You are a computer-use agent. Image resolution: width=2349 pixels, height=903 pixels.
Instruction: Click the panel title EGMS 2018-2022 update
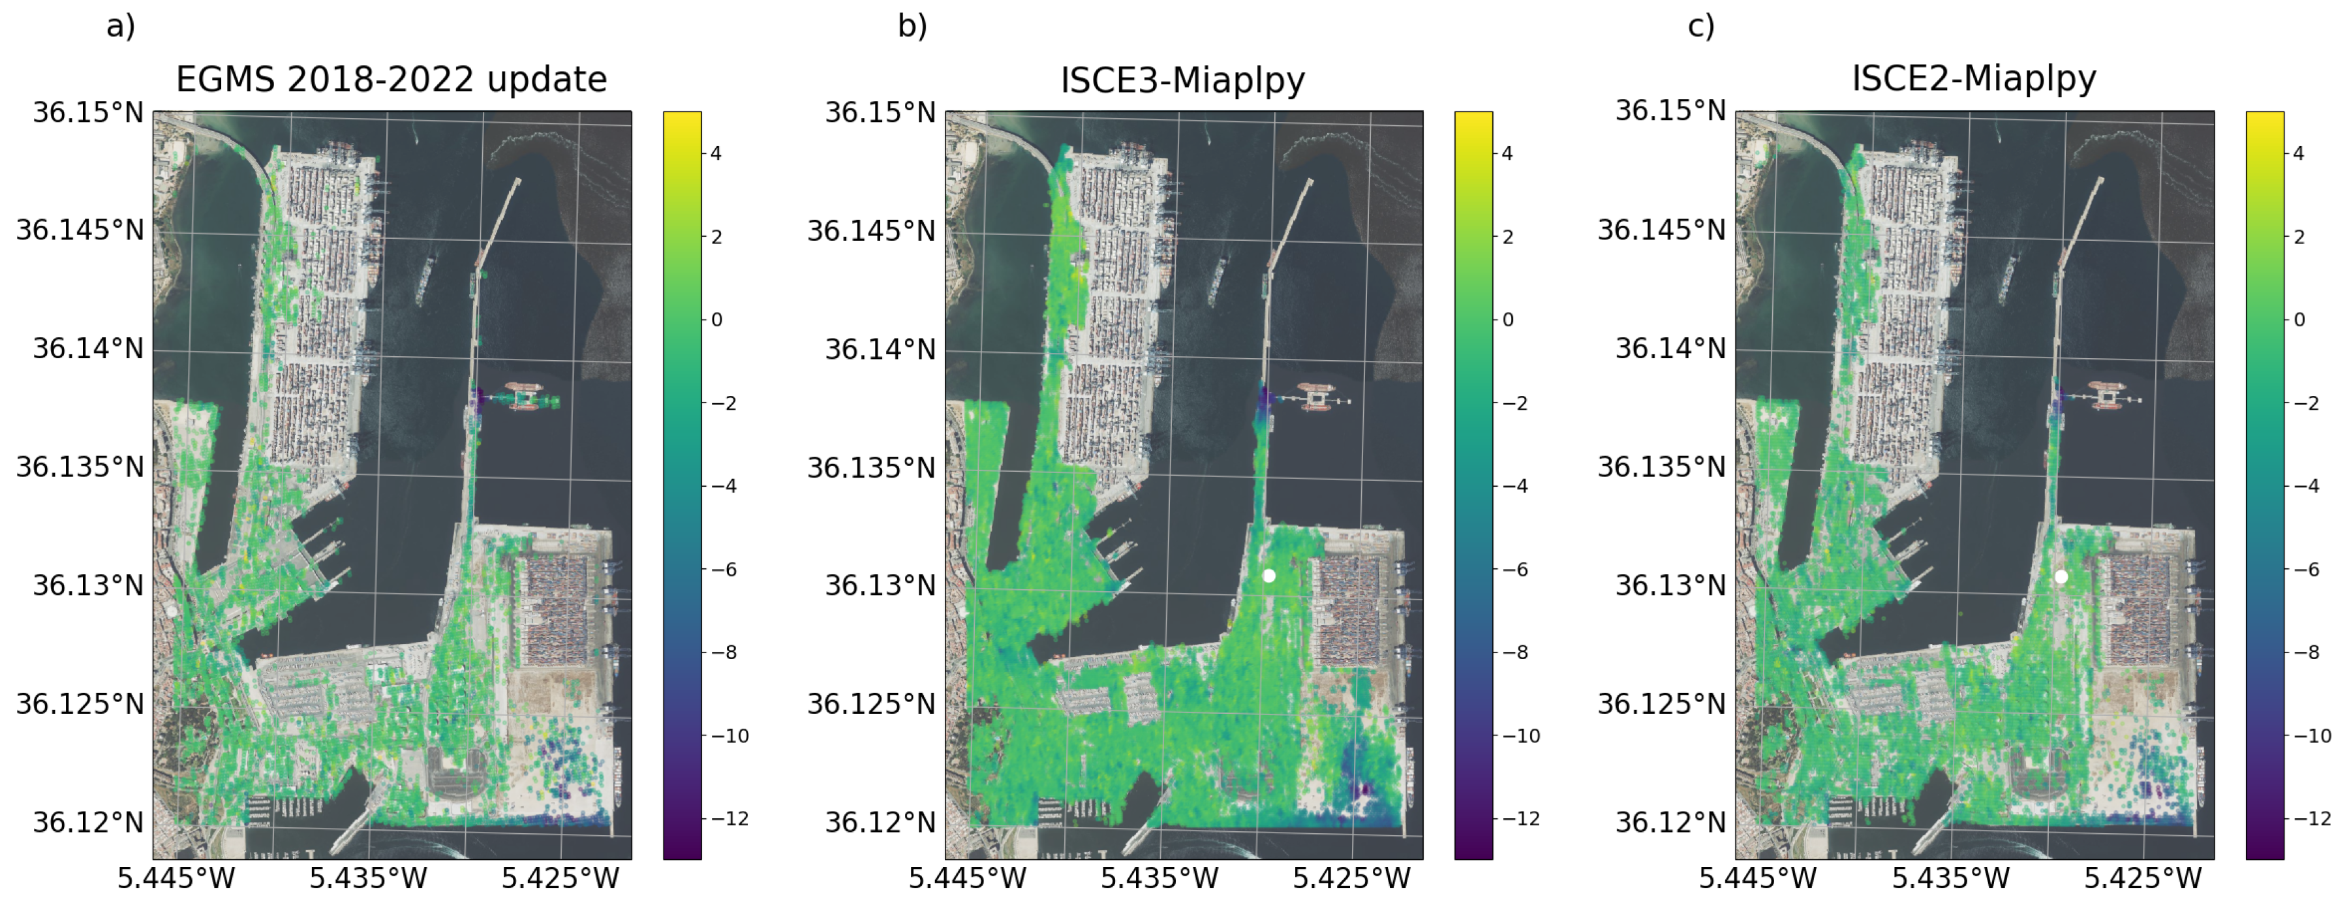tap(391, 80)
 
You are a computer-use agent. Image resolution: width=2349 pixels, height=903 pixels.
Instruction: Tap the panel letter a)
tap(120, 25)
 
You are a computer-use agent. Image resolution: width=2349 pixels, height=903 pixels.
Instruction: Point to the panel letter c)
tap(1700, 25)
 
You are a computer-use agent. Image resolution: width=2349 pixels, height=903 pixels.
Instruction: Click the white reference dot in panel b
tap(1268, 575)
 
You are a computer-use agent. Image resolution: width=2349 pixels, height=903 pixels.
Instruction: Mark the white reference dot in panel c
tap(2061, 577)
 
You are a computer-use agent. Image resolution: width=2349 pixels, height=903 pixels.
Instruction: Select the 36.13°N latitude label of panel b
tap(880, 585)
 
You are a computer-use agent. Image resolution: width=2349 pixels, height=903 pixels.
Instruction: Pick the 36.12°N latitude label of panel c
tap(1670, 822)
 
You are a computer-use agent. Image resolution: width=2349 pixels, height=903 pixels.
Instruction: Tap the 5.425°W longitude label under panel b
tap(1351, 878)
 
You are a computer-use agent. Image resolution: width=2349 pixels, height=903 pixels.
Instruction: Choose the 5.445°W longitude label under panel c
tap(1757, 878)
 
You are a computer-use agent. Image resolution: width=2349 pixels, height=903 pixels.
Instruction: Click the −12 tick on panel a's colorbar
tap(729, 819)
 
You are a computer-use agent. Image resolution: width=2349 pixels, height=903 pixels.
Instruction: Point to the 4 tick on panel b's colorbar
tap(1507, 153)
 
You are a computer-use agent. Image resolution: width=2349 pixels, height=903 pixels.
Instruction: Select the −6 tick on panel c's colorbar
tap(2306, 569)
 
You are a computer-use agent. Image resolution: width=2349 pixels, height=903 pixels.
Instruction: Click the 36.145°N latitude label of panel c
tap(1661, 230)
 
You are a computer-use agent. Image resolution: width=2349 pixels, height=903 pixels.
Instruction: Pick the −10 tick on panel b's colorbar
tap(1521, 736)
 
